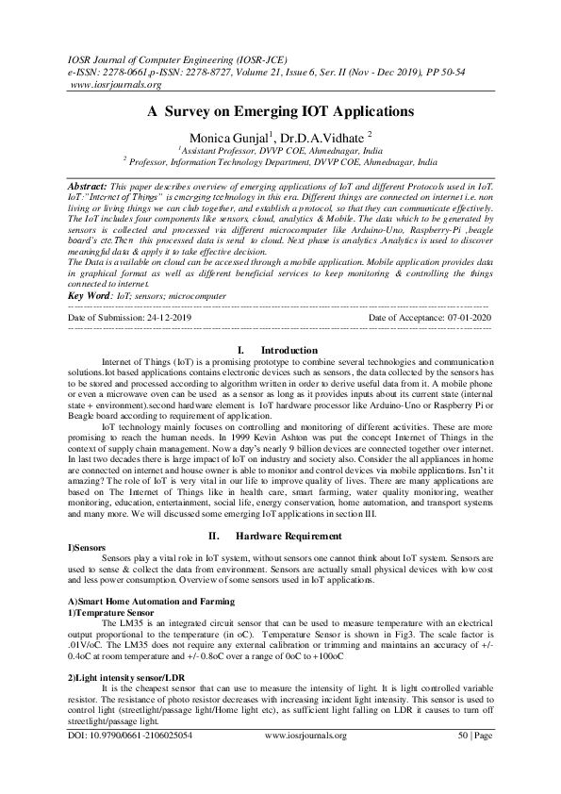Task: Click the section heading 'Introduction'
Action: (x=289, y=351)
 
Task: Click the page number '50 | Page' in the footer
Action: (x=473, y=760)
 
